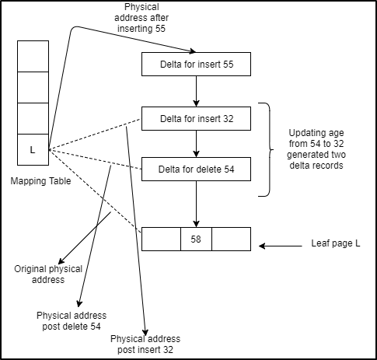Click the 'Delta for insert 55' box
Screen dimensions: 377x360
[196, 65]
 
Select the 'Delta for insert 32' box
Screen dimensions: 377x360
[196, 118]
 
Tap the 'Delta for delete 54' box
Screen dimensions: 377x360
[196, 169]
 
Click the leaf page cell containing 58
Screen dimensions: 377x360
[196, 239]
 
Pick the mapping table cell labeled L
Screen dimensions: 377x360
[33, 149]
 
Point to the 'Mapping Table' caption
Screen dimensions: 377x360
[40, 181]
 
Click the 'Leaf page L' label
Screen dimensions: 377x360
[336, 243]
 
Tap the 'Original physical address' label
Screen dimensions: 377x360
[48, 274]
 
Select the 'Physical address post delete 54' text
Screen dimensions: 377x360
[72, 321]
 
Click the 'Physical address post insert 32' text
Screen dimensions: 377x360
[145, 344]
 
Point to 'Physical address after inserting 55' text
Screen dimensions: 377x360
[141, 18]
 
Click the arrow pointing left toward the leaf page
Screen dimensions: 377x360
[281, 246]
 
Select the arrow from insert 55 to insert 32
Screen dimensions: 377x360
[196, 91]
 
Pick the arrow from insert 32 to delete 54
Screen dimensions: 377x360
[196, 144]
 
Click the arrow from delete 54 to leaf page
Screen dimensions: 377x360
[196, 204]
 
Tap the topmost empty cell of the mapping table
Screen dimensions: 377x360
[33, 56]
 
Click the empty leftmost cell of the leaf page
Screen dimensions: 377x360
[161, 239]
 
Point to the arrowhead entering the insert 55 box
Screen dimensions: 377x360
[193, 51]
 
